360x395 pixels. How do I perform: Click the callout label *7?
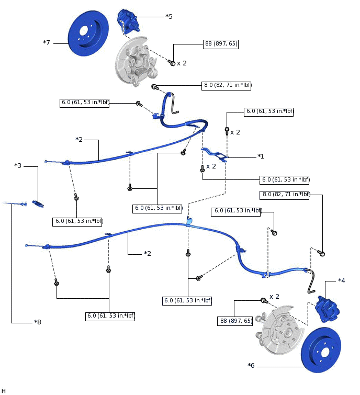(x=47, y=42)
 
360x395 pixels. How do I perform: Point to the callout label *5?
(x=168, y=17)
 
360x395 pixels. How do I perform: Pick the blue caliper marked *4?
(x=328, y=309)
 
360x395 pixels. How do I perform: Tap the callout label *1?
(x=261, y=156)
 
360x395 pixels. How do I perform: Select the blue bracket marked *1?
(x=215, y=154)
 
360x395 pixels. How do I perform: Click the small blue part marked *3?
(x=38, y=203)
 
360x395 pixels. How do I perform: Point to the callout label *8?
(x=37, y=322)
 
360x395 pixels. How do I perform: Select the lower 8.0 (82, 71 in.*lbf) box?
(x=285, y=195)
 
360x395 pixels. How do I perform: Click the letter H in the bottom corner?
(x=4, y=391)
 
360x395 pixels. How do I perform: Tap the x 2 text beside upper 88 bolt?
(x=182, y=63)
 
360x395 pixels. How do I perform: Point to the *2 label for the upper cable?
(x=79, y=140)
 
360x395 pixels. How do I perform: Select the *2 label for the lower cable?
(x=148, y=254)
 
